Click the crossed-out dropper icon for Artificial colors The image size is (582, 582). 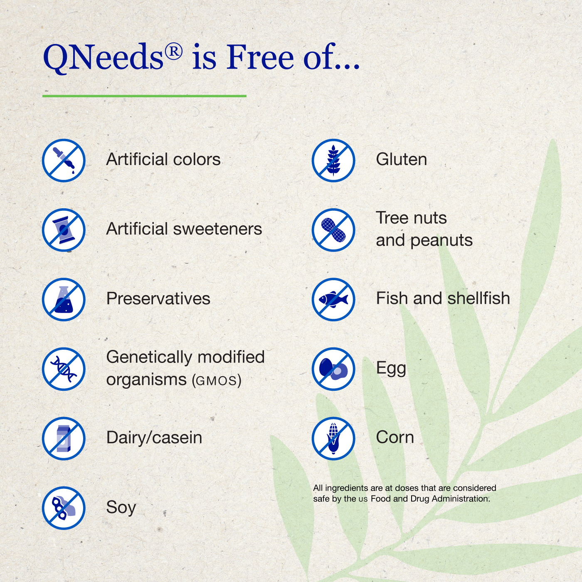point(64,160)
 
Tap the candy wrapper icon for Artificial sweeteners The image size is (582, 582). point(64,230)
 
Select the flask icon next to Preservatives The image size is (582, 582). point(64,299)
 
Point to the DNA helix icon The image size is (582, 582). point(64,369)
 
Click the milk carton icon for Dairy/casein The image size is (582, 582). point(64,439)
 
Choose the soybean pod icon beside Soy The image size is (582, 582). point(64,508)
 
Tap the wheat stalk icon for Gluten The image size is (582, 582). point(333,160)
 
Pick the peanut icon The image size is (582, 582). point(333,230)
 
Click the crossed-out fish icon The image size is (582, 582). point(333,299)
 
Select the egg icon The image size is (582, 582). point(333,369)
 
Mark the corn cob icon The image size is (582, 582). point(333,439)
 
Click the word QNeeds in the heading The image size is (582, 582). point(103,57)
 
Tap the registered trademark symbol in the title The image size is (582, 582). point(174,52)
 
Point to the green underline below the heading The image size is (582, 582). point(144,96)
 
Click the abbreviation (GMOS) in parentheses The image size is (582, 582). point(217,380)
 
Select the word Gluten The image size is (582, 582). point(402,159)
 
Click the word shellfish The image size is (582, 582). point(479,298)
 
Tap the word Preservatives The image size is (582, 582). point(158,298)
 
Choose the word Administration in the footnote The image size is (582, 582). point(460,498)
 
